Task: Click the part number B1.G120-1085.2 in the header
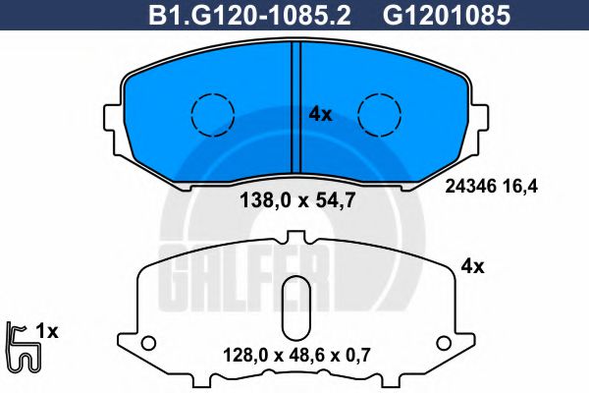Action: click(x=249, y=16)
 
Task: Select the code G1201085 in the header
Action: click(x=447, y=16)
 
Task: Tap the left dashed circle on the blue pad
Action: click(x=213, y=114)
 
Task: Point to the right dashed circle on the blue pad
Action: click(x=379, y=114)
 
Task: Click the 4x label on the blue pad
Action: click(x=320, y=114)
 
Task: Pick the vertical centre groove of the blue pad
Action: click(x=296, y=107)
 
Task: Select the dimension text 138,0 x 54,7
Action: click(x=297, y=200)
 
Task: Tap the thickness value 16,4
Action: click(x=524, y=187)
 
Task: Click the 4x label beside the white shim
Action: click(x=472, y=267)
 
